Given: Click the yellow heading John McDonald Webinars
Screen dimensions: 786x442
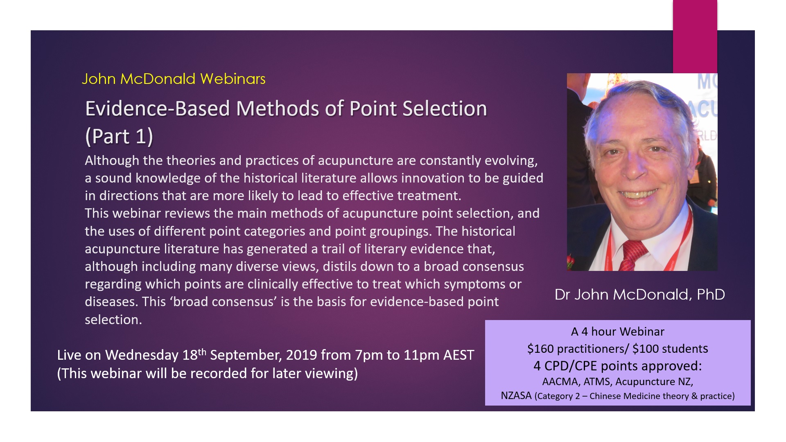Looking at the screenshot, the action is (x=174, y=79).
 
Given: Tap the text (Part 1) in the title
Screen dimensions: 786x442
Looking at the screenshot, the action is (x=119, y=136).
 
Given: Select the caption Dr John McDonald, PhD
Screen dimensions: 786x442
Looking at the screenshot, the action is (x=639, y=294).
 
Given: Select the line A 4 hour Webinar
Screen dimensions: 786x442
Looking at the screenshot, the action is (x=618, y=331).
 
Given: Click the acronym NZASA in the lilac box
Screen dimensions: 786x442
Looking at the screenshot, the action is (x=516, y=396).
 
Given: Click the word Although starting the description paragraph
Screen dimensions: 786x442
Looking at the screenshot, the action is (x=112, y=161).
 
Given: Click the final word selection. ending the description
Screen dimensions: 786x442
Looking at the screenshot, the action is (x=113, y=320).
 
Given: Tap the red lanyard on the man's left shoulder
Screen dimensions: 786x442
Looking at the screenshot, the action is (x=681, y=237).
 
